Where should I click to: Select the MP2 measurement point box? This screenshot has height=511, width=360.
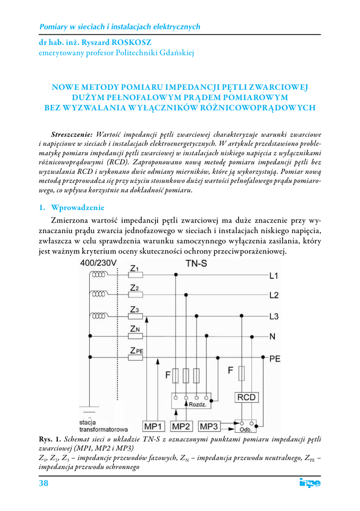point(181,426)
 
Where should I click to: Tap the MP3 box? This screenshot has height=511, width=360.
point(209,426)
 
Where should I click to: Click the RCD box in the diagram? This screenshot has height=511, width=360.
point(246,397)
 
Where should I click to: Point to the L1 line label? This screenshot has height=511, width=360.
point(274,275)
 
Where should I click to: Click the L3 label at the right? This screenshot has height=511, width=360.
point(274,316)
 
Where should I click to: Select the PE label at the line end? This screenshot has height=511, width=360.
point(275,358)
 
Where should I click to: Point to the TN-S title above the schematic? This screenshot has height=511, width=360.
point(196,263)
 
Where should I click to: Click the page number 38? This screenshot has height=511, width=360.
point(43,484)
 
